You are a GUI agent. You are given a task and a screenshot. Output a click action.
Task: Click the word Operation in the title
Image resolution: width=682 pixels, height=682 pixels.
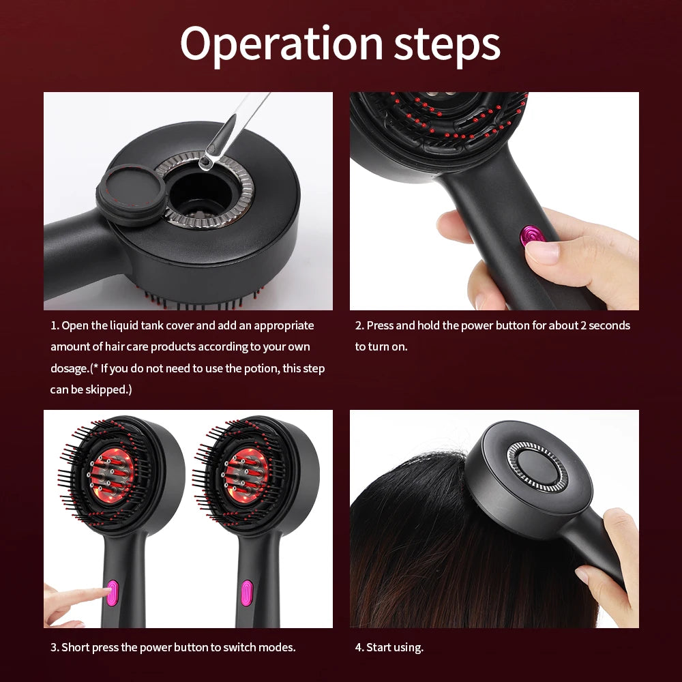[280, 45]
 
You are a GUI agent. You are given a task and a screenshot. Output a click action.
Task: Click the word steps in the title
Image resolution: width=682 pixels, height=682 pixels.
[447, 45]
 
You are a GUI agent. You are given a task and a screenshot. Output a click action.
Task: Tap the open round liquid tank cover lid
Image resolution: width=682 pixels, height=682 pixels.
[132, 194]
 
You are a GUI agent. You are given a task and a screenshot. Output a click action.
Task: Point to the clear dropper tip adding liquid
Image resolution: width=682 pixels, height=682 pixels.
[205, 162]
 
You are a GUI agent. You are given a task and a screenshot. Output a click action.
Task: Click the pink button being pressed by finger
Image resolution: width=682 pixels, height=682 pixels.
[113, 591]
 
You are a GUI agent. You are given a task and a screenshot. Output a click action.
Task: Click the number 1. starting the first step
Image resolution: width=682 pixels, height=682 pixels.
[55, 326]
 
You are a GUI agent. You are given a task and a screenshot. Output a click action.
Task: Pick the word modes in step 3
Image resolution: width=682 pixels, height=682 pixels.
[278, 647]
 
